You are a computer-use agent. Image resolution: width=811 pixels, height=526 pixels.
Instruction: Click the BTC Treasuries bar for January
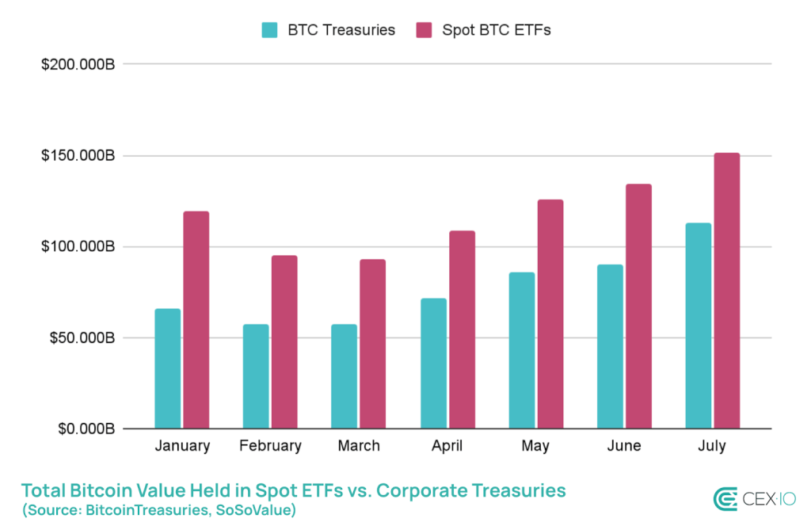click(x=167, y=369)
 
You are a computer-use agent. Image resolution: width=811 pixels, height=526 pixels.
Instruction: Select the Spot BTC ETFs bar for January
click(x=196, y=320)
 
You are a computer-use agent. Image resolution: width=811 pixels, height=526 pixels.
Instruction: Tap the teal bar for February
click(x=256, y=377)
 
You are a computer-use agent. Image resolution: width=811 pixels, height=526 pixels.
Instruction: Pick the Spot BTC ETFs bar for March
click(x=372, y=345)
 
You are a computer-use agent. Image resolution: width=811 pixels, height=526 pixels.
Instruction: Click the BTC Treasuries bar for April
click(x=433, y=364)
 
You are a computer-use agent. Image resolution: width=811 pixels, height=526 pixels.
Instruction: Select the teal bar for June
click(x=610, y=347)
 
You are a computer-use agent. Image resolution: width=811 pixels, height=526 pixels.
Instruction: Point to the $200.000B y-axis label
click(x=78, y=64)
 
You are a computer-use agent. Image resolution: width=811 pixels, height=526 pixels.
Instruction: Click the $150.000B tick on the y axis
click(x=78, y=155)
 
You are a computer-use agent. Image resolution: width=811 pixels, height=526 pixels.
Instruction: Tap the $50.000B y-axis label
click(x=82, y=338)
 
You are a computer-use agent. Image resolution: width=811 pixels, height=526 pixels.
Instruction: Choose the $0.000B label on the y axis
click(x=86, y=429)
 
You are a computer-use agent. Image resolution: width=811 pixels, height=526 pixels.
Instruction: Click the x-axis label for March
click(x=359, y=446)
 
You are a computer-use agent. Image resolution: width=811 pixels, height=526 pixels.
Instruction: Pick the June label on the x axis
click(x=624, y=446)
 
